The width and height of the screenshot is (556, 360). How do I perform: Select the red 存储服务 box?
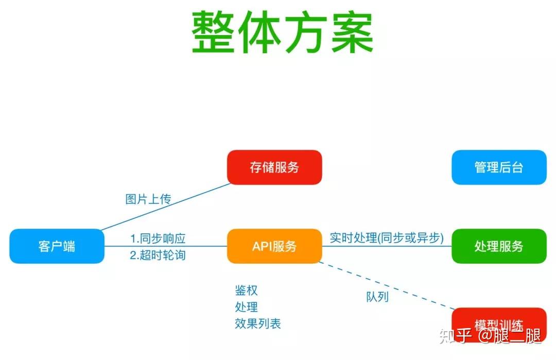(274, 167)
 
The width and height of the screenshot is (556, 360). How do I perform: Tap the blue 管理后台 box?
(498, 167)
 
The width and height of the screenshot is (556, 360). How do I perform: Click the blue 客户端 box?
(57, 246)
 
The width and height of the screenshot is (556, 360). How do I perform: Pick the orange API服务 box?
(274, 246)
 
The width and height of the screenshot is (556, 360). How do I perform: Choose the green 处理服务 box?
(498, 246)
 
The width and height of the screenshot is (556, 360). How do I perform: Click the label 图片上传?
(148, 199)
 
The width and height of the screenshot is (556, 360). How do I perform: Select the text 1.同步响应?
(158, 238)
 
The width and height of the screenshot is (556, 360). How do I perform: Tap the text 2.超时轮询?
(158, 254)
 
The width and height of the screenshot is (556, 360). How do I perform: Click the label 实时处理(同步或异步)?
(387, 238)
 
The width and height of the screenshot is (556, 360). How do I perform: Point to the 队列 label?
(377, 297)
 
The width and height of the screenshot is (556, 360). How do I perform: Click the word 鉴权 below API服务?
(246, 290)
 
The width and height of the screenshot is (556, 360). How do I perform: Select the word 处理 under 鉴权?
(246, 307)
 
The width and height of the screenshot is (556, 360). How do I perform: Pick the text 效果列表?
(258, 323)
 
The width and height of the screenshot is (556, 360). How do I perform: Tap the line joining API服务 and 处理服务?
(387, 246)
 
